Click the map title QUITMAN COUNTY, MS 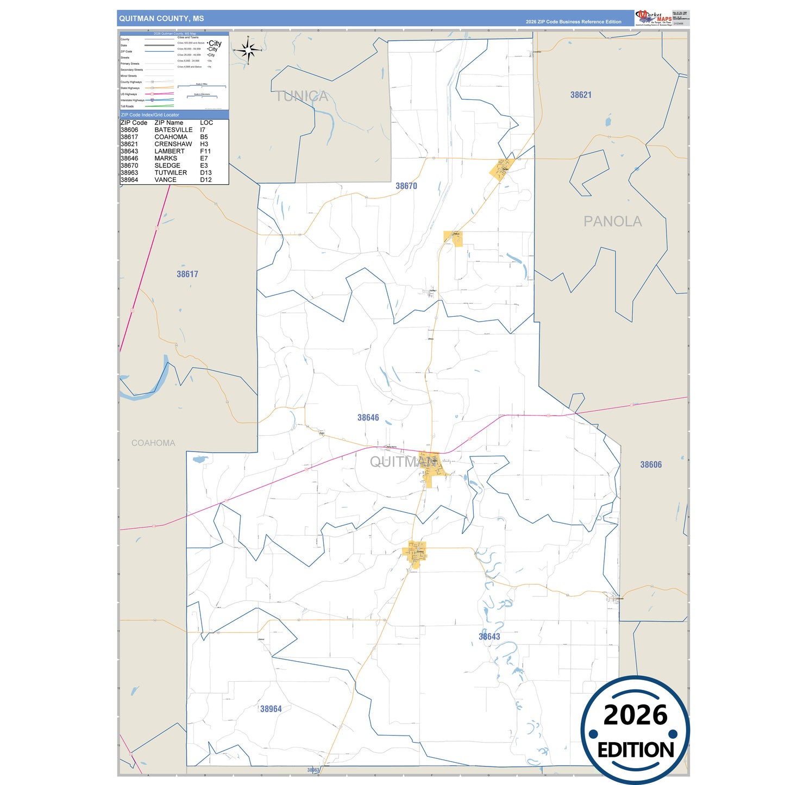(161, 18)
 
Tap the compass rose (248, 51)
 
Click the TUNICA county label (302, 96)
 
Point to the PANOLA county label (612, 221)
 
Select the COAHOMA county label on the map (153, 443)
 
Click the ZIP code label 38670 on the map (406, 186)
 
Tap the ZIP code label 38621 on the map (581, 95)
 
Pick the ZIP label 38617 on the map (187, 274)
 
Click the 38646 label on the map (368, 417)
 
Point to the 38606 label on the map (651, 464)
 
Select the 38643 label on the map (489, 636)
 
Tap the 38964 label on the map (271, 708)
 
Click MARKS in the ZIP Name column (166, 158)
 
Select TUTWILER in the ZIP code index (171, 172)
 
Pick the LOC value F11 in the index (205, 151)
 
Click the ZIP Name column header (168, 123)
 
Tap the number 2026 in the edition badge (635, 715)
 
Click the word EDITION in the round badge (635, 750)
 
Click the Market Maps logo (654, 18)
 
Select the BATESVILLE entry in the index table (173, 130)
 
